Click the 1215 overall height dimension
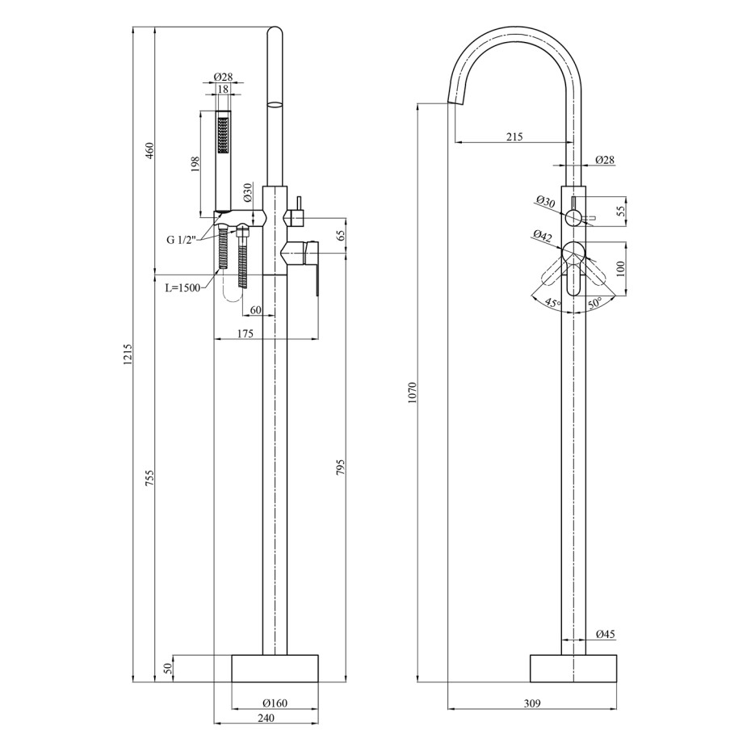point(128,355)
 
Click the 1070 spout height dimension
point(413,392)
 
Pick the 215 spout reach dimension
point(514,136)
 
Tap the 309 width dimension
point(532,703)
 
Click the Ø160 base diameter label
point(275,703)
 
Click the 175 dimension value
point(245,334)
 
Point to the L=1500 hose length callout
point(183,288)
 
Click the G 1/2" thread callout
point(182,240)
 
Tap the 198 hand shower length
point(195,164)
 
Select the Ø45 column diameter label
point(606,634)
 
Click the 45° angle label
point(552,303)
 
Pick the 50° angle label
point(595,302)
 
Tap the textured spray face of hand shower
point(223,136)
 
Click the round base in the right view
point(573,668)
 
